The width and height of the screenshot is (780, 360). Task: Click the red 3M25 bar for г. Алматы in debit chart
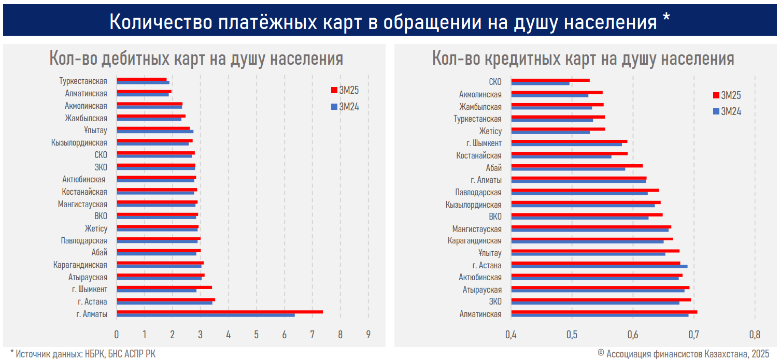220,312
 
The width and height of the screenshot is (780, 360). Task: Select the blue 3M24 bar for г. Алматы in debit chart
206,315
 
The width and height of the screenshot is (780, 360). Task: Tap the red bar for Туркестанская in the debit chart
141,79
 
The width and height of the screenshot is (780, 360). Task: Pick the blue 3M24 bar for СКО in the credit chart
540,83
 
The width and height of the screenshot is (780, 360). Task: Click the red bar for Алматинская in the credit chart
604,312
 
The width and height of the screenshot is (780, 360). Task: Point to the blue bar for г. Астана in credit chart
599,266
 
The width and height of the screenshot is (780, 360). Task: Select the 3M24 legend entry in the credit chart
727,111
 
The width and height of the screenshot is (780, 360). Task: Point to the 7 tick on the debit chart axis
312,334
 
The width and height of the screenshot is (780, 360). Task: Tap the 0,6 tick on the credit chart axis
633,334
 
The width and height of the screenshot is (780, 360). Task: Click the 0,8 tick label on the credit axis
755,334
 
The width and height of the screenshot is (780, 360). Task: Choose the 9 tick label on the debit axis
368,334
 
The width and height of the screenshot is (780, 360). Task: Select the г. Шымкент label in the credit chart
484,143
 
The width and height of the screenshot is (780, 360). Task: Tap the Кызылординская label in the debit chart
79,143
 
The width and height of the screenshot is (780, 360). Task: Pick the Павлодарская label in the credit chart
478,192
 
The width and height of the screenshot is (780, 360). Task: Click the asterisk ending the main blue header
666,20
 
